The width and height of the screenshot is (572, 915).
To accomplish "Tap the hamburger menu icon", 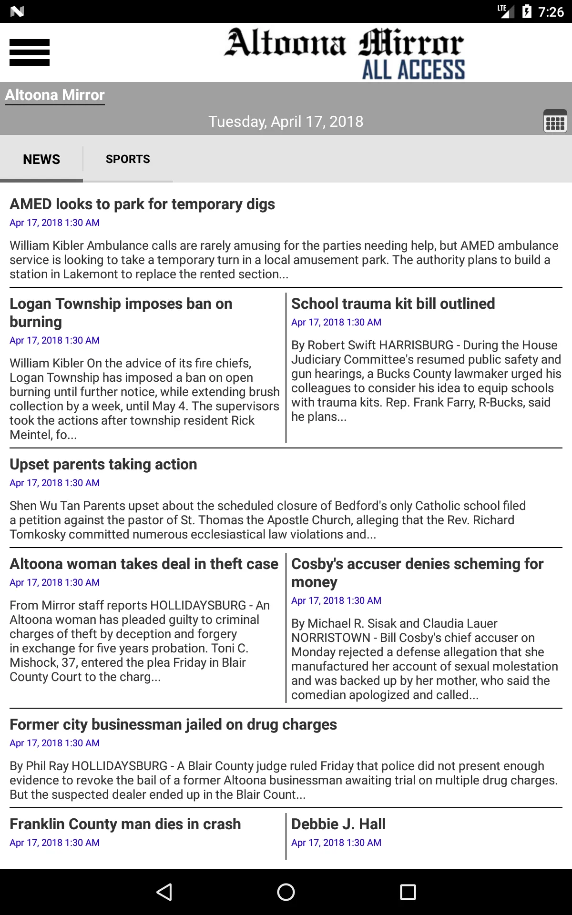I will (x=30, y=52).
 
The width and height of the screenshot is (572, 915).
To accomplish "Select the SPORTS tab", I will (x=128, y=159).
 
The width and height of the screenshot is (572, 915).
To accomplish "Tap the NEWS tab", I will (x=41, y=159).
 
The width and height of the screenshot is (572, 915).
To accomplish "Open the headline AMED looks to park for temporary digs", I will (x=142, y=204).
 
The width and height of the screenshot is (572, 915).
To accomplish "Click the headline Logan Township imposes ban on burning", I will (x=121, y=312).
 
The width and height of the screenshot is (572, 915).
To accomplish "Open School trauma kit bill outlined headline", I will (x=393, y=304).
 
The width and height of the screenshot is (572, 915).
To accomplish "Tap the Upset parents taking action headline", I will (x=103, y=464).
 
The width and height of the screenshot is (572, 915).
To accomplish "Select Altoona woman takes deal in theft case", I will (x=144, y=564).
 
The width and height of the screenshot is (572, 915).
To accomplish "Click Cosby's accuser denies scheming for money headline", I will (x=417, y=572).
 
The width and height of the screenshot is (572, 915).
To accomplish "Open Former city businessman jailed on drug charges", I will (x=173, y=724).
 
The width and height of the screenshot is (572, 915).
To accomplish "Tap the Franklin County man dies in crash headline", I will (x=125, y=824).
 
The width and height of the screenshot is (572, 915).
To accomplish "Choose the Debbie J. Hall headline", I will (x=338, y=824).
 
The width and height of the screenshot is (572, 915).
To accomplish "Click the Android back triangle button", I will (x=164, y=892).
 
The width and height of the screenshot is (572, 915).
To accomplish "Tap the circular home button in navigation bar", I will (x=286, y=892).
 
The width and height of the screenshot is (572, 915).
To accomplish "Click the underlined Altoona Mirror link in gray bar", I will (x=55, y=95).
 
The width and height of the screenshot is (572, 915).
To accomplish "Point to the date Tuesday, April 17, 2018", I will (x=286, y=122).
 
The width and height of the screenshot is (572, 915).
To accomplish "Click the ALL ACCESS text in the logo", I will (x=413, y=70).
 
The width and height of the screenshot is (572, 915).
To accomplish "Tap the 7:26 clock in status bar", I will (x=551, y=11).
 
